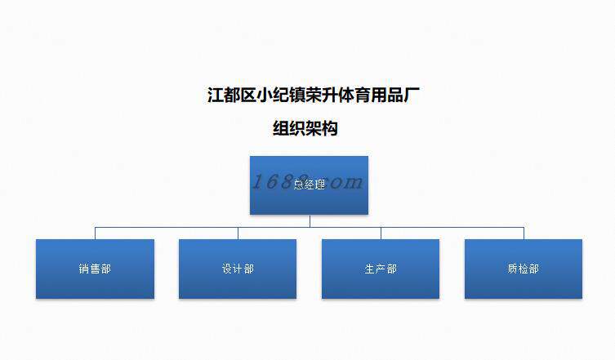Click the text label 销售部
tap(95, 269)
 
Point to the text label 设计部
tap(238, 269)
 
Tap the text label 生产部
tap(381, 269)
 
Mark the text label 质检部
tap(524, 269)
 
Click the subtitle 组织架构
tap(305, 128)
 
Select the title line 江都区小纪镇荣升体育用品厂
tap(314, 95)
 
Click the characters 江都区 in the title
tap(231, 95)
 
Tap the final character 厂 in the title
tap(412, 95)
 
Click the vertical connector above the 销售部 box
tap(95, 233)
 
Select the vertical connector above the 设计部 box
tap(238, 233)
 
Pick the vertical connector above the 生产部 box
tap(381, 233)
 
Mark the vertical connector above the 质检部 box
tap(524, 233)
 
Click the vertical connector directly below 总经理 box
tap(310, 220)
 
